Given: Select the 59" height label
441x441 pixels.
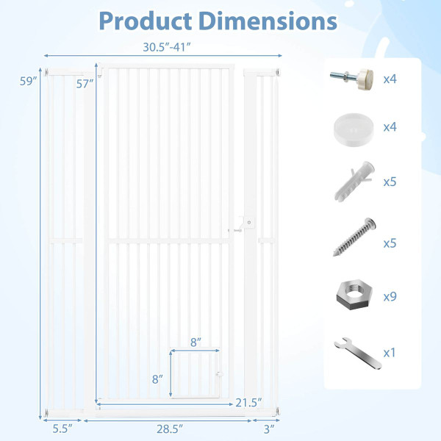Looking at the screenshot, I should point(28,82).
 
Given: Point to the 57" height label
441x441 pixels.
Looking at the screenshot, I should point(85,84).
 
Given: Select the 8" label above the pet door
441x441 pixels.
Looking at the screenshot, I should point(194,341).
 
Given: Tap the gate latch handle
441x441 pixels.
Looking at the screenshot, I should point(248,223).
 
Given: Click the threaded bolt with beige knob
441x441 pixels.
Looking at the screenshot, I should point(351,78).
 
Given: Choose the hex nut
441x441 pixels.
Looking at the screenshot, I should point(352,295).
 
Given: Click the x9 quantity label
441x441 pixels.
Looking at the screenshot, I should point(390,297).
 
